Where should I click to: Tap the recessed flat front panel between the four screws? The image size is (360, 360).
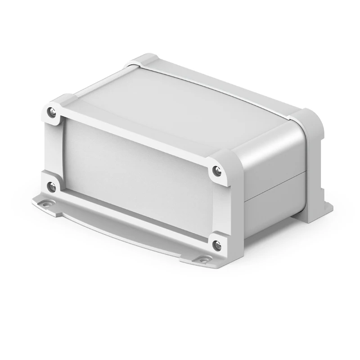point(135,175)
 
